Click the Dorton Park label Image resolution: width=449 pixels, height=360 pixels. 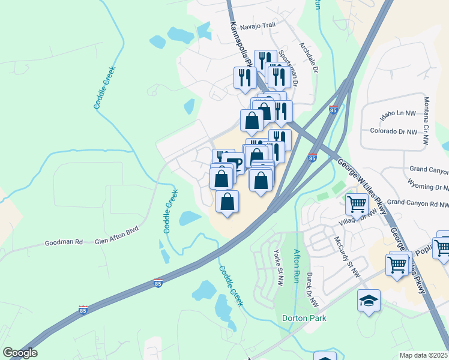coord(304,318)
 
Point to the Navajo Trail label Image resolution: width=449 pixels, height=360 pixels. coord(257,27)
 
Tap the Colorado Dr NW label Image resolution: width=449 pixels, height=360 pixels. coord(393,131)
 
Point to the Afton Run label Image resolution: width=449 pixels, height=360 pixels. coord(297,266)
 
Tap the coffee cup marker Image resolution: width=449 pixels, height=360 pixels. coord(235,162)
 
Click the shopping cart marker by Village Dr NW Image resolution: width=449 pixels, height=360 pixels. coord(357,204)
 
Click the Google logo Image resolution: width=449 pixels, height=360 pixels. coord(19,353)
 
